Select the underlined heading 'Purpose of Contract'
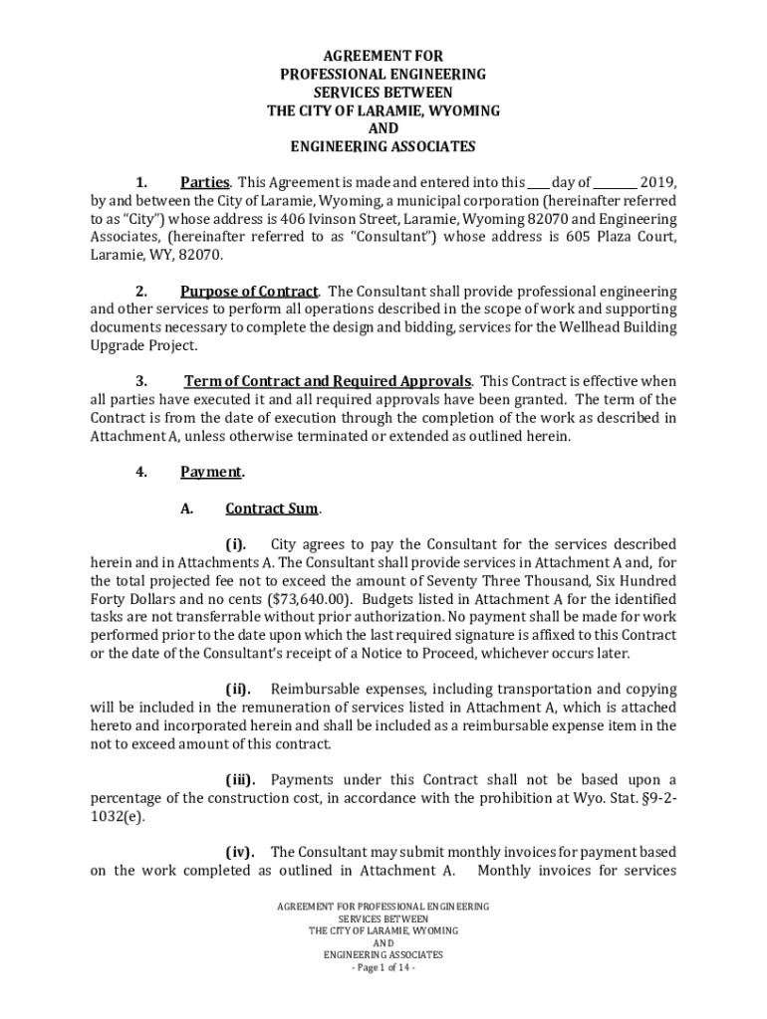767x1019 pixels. click(x=249, y=292)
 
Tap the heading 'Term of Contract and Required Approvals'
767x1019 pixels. click(x=329, y=382)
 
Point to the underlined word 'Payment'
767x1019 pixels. click(x=211, y=472)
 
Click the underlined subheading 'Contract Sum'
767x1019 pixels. click(x=272, y=509)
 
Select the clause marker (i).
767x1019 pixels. click(x=235, y=544)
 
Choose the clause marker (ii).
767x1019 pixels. click(x=237, y=689)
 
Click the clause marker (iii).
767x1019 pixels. click(x=239, y=779)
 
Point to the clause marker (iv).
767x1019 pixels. click(x=239, y=852)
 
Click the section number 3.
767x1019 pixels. click(x=141, y=382)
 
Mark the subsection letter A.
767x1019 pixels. click(x=186, y=509)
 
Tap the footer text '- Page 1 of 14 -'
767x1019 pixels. click(x=383, y=967)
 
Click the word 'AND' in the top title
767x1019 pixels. click(x=383, y=128)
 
